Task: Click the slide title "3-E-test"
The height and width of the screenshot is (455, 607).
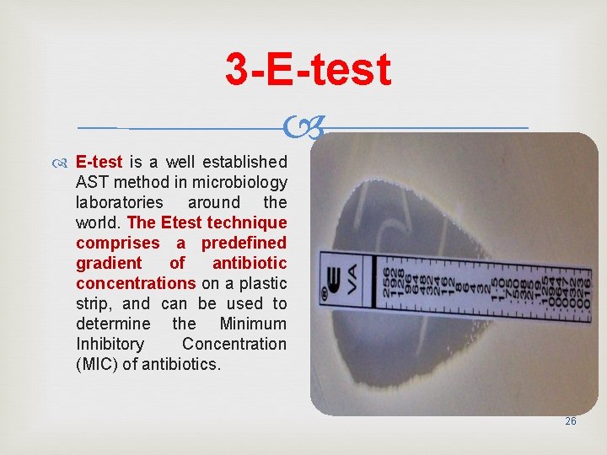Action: [x=308, y=69]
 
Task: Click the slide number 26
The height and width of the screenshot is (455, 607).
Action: [x=571, y=420]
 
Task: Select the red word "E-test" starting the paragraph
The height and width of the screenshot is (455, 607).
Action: [x=99, y=162]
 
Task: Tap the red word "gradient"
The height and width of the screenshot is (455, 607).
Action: [x=109, y=263]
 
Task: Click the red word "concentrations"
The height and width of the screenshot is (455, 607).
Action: [x=136, y=283]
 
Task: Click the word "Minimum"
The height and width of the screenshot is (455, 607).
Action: [x=253, y=324]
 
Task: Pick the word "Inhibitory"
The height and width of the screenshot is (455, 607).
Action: [x=110, y=344]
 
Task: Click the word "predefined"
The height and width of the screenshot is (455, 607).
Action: [x=244, y=243]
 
